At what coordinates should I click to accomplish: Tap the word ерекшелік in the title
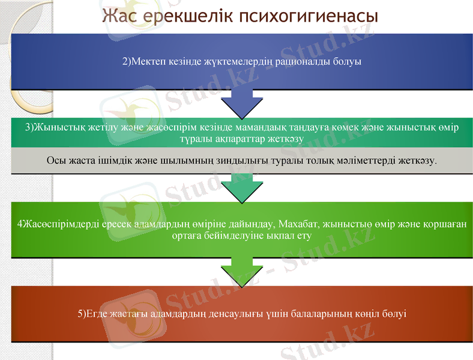pyautogui.click(x=187, y=16)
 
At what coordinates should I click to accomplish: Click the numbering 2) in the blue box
pyautogui.click(x=127, y=61)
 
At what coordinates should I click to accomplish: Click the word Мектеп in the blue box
pyautogui.click(x=148, y=61)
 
